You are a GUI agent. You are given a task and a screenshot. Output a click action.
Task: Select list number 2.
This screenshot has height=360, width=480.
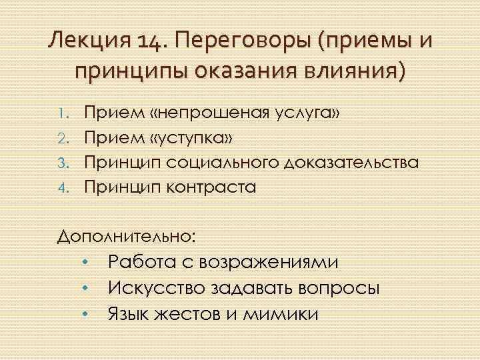click(65, 139)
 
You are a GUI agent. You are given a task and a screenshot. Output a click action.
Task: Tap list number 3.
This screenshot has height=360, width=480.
click(65, 163)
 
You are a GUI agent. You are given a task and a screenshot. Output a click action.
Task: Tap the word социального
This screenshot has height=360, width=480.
click(216, 163)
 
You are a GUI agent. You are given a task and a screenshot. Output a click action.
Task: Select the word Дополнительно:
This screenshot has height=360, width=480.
click(127, 235)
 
